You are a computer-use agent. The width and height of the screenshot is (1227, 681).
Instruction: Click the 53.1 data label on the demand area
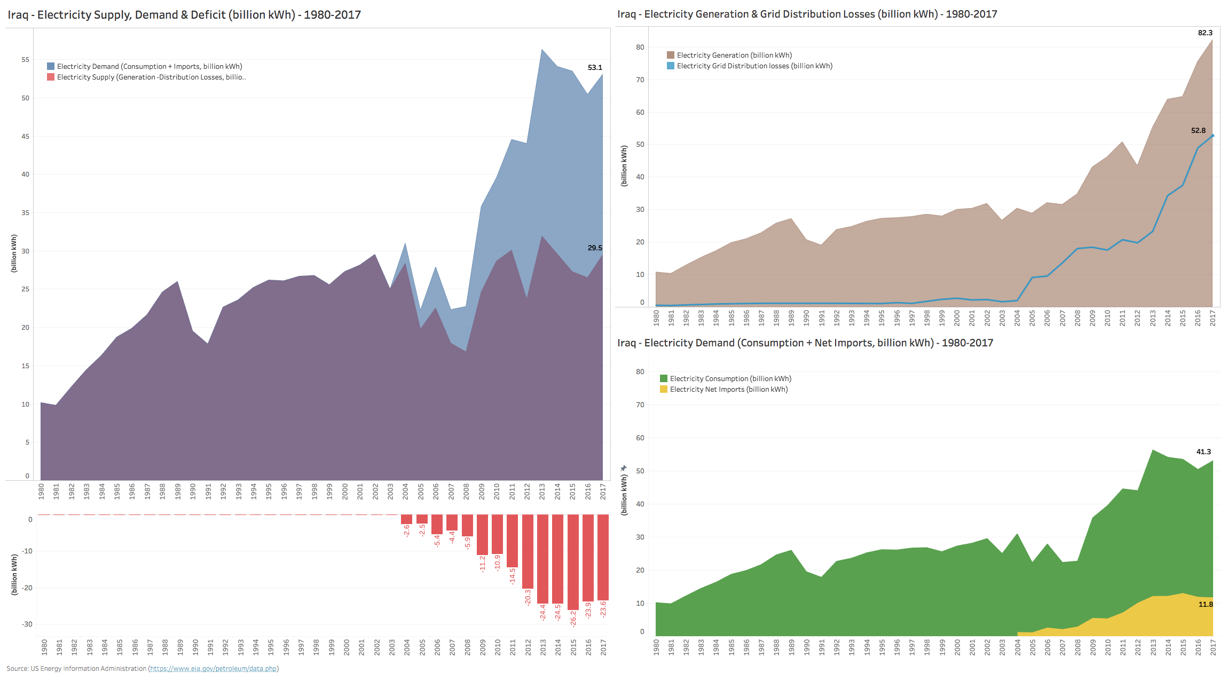click(x=594, y=68)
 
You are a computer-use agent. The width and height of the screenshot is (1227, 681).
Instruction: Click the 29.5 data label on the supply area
click(x=594, y=248)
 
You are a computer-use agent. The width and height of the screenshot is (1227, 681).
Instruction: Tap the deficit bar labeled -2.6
click(x=406, y=519)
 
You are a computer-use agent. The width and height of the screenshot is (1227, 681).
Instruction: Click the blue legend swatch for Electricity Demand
click(x=51, y=67)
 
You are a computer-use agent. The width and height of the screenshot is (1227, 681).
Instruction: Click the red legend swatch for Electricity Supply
click(x=51, y=77)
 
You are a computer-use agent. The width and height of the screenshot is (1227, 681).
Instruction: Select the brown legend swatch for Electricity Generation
click(x=671, y=56)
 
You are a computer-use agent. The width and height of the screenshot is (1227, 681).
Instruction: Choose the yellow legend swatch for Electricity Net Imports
click(x=664, y=390)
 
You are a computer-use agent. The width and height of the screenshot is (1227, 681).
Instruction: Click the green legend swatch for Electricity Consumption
click(x=664, y=379)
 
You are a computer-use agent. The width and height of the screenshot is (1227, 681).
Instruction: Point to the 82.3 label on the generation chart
click(x=1205, y=33)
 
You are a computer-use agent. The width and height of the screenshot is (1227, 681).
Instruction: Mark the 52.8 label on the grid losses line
click(x=1198, y=131)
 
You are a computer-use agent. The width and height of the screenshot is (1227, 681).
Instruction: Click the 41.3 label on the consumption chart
click(x=1204, y=452)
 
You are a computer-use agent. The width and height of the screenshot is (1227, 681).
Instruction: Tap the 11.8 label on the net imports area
click(x=1206, y=605)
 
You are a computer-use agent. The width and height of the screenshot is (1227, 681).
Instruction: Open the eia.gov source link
click(x=214, y=669)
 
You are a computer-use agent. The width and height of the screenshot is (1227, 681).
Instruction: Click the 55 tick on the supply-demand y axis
click(x=26, y=60)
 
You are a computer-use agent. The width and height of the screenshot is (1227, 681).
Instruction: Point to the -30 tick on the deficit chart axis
click(x=27, y=624)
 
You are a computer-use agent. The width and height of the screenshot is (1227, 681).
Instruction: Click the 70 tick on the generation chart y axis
click(x=640, y=80)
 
